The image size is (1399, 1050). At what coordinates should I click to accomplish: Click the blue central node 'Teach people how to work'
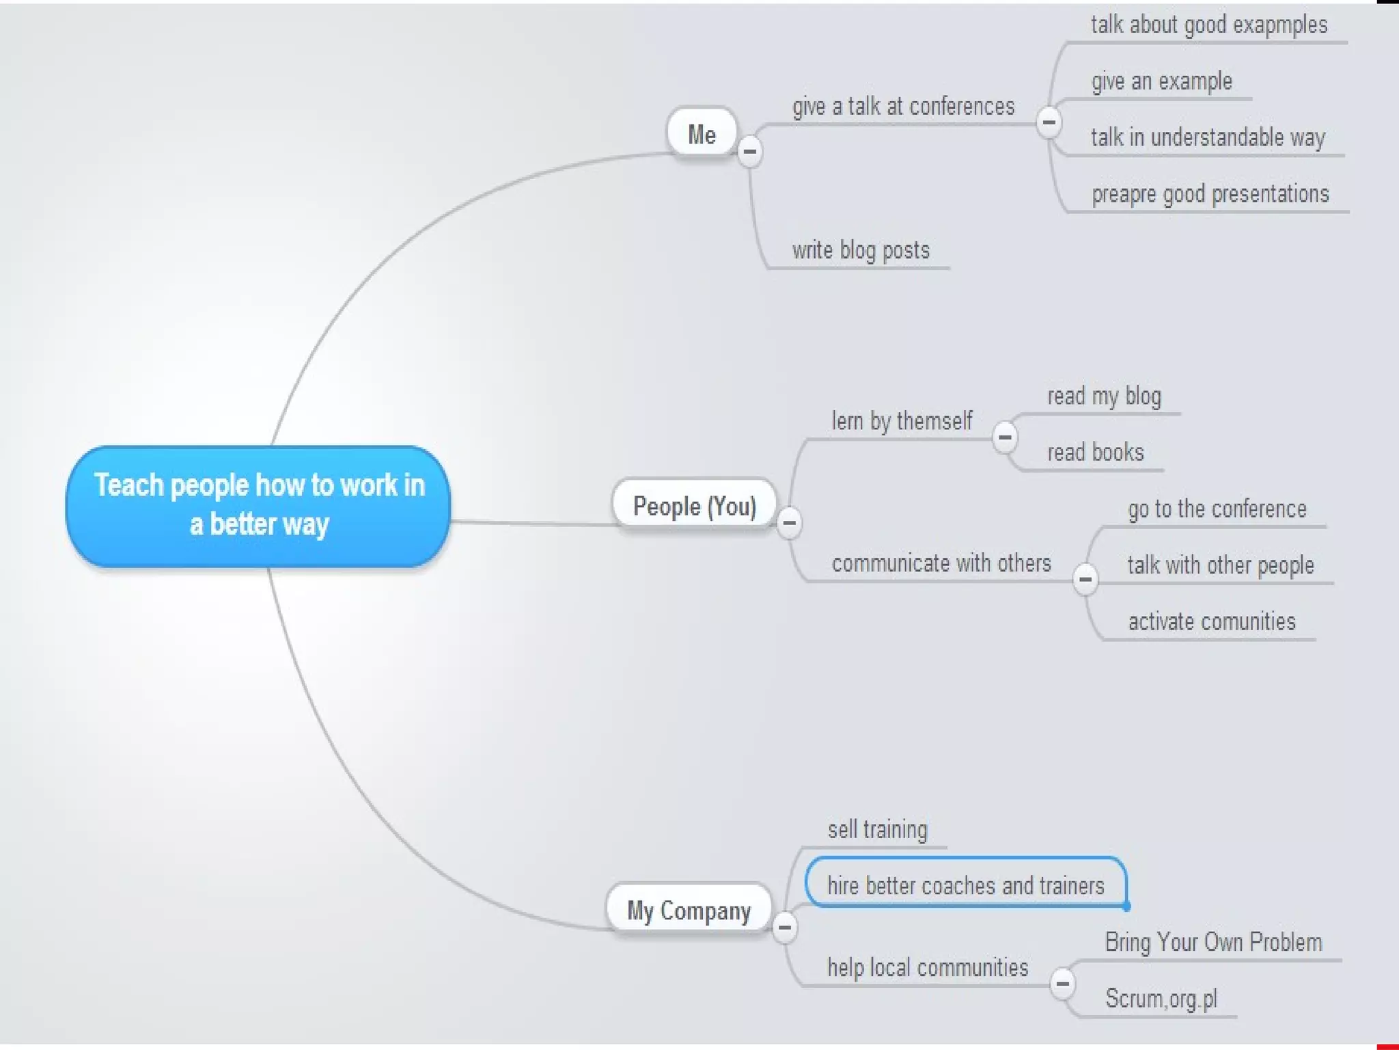click(258, 505)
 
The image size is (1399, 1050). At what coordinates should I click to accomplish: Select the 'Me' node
click(702, 133)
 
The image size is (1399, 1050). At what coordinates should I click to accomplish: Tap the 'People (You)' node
click(694, 506)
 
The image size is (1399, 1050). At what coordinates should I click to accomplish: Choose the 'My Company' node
click(689, 910)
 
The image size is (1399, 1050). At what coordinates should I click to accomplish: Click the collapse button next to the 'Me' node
click(749, 150)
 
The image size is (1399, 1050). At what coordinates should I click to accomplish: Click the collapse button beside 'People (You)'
click(789, 523)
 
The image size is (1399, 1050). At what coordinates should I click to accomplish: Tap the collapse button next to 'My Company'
click(784, 927)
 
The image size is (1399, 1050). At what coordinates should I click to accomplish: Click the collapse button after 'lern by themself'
click(1004, 437)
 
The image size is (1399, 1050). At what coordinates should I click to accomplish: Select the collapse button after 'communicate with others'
click(1085, 579)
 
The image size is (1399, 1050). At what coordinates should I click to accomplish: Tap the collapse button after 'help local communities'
click(1062, 984)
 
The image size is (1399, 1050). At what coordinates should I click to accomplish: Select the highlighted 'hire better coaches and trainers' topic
click(965, 885)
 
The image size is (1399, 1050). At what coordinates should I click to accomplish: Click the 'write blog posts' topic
click(861, 250)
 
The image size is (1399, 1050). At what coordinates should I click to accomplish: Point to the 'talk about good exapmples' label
click(1208, 25)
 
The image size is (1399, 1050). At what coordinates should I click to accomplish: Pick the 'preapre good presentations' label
click(1210, 194)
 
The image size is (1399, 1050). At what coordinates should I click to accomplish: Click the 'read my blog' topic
click(1104, 396)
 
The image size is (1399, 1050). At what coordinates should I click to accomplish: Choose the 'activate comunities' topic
click(1211, 621)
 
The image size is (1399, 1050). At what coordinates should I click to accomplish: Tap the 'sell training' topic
click(877, 829)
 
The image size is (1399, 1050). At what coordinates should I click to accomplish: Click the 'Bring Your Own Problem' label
click(1213, 942)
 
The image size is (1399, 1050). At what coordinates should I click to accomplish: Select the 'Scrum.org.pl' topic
click(1161, 999)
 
